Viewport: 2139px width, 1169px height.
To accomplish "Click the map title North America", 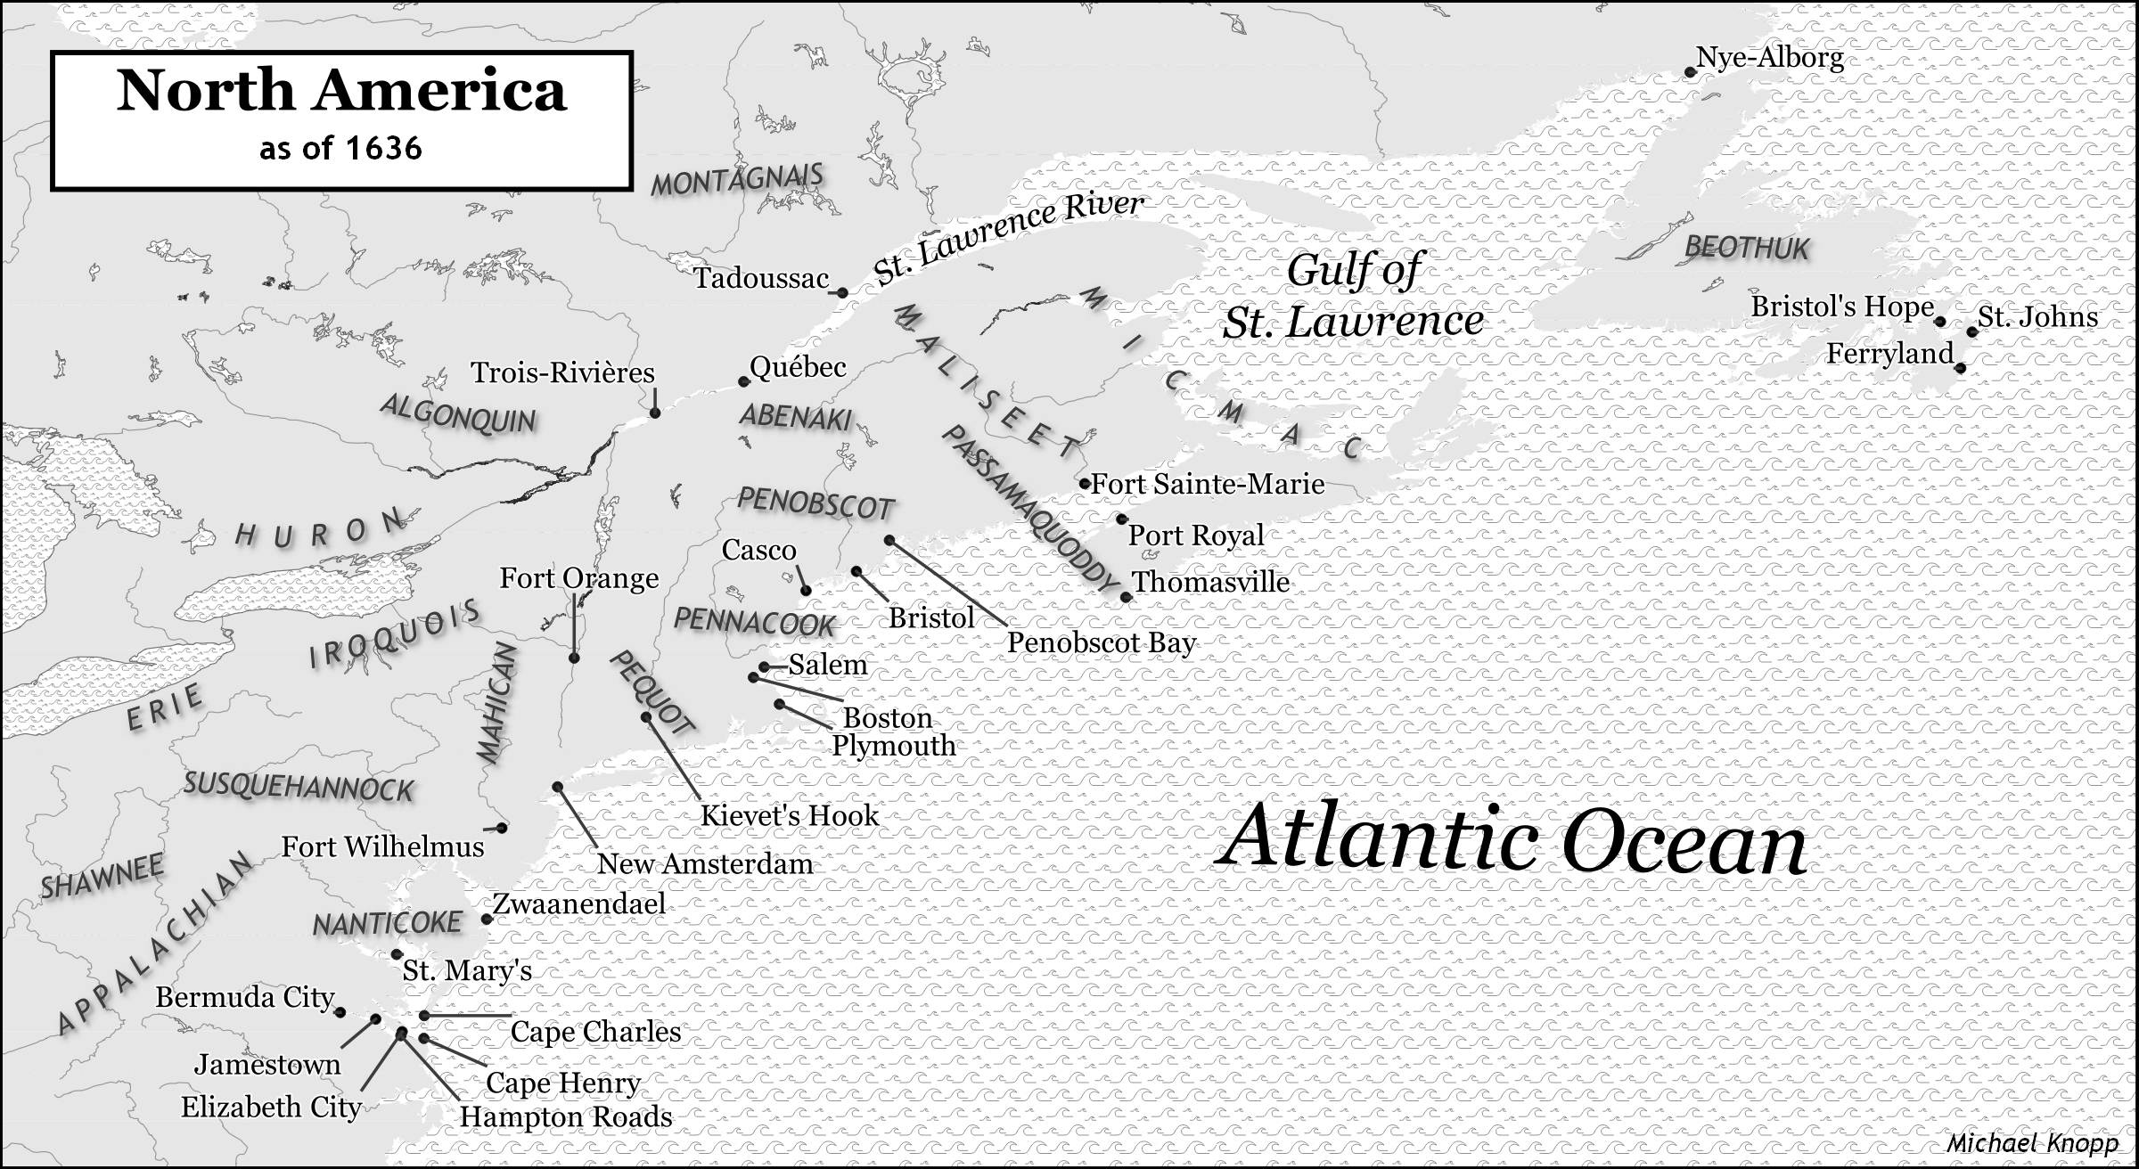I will click(341, 91).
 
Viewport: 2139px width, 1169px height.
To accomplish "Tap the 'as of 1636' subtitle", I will click(341, 148).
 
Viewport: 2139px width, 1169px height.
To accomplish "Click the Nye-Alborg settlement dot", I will click(1690, 72).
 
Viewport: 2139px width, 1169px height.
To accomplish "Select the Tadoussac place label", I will click(761, 279).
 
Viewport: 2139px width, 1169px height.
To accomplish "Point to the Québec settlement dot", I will click(743, 382).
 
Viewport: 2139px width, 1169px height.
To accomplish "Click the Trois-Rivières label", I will click(562, 372).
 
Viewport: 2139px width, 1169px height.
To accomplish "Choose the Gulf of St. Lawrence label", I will click(1353, 296).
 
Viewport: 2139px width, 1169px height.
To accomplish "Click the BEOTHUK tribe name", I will click(1746, 248).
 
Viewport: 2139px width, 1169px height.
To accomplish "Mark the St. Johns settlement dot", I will click(1972, 331).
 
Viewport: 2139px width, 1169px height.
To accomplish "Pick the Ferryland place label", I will click(1889, 354).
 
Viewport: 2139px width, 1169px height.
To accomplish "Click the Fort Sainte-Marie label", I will click(1208, 484).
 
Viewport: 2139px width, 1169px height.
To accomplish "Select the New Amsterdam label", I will click(705, 863).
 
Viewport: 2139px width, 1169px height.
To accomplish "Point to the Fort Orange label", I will click(579, 578).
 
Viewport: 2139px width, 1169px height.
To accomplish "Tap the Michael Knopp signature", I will click(2031, 1143).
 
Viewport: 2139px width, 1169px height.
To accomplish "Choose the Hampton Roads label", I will click(566, 1116).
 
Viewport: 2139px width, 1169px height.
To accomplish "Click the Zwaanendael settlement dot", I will click(487, 920).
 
